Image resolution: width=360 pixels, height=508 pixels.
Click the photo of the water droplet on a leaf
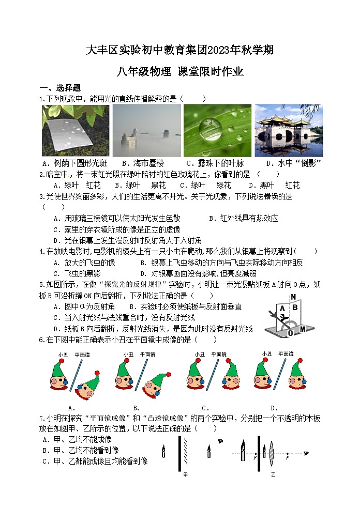point(217,130)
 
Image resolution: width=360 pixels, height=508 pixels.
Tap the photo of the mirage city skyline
point(146,130)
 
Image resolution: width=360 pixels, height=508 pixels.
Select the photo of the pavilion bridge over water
point(288,130)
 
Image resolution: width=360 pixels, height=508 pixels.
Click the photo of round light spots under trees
point(76,130)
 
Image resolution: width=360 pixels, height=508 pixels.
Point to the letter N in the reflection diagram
point(293,297)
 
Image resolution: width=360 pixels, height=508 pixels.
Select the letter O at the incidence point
point(290,333)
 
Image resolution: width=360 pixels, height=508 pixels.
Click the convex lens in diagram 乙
point(272,454)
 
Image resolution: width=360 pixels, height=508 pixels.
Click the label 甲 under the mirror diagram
point(185,473)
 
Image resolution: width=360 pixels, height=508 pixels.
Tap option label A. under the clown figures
point(72,408)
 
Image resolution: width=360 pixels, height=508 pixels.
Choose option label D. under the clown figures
point(274,408)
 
